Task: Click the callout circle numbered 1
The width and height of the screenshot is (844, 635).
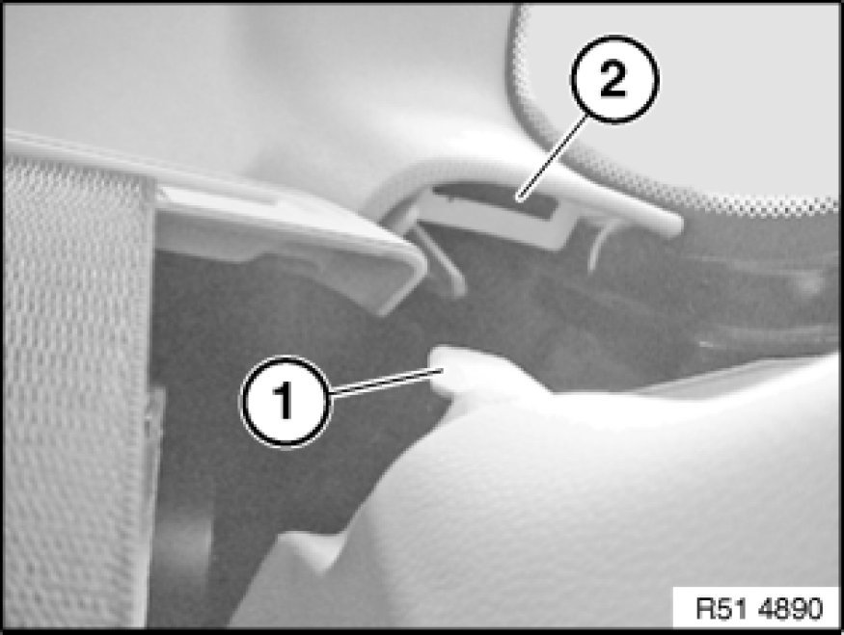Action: click(286, 401)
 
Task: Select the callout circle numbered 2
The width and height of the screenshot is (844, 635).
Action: click(614, 79)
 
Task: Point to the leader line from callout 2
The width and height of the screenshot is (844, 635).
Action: click(551, 158)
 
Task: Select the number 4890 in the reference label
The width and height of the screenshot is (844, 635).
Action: click(790, 609)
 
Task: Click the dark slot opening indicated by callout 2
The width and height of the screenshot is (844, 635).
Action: click(495, 199)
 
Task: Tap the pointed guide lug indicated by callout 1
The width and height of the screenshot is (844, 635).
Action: click(463, 371)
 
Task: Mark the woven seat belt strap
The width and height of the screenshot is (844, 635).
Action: click(75, 392)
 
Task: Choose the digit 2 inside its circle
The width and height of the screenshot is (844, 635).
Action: click(613, 79)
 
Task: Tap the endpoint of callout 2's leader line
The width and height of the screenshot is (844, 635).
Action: click(518, 198)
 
